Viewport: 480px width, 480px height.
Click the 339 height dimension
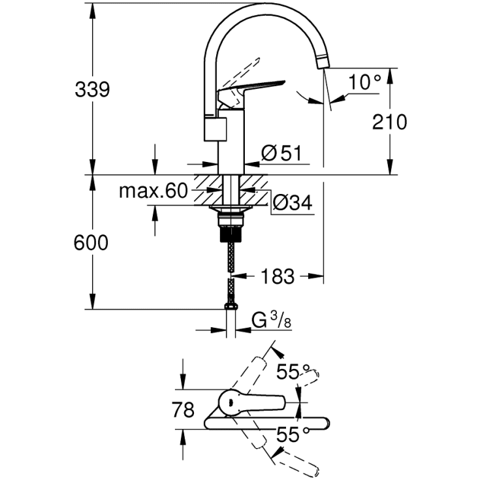pos(91,89)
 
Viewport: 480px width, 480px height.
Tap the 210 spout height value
pos(390,121)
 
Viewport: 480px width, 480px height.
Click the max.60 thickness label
pos(153,191)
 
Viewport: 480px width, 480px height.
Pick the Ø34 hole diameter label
pos(291,204)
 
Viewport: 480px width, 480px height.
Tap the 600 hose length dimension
pos(91,243)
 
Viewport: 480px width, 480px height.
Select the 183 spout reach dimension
pos(278,276)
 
